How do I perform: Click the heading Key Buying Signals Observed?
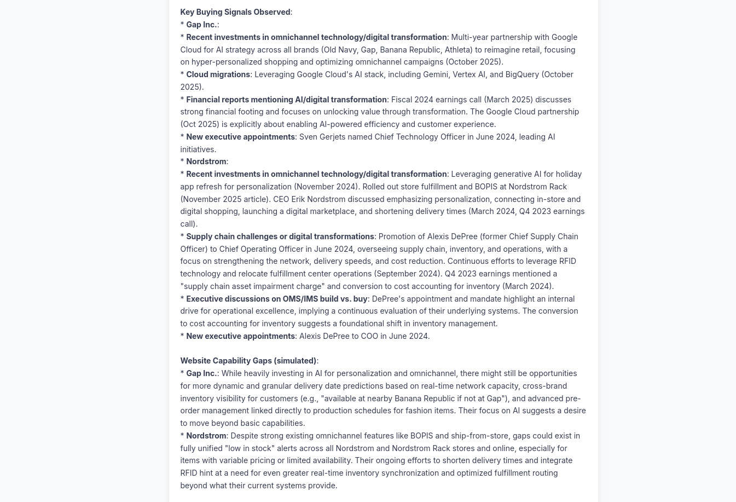click(235, 12)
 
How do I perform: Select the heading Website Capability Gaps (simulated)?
click(248, 361)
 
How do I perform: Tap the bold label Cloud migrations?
click(218, 74)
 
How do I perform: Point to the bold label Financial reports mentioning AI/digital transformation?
click(286, 100)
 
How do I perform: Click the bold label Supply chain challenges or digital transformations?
click(280, 236)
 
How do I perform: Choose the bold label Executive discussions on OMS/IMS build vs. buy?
click(276, 299)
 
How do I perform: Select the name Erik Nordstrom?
click(318, 199)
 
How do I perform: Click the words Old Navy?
click(339, 50)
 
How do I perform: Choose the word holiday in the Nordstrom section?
click(569, 174)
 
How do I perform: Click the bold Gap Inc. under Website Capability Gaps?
click(201, 373)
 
